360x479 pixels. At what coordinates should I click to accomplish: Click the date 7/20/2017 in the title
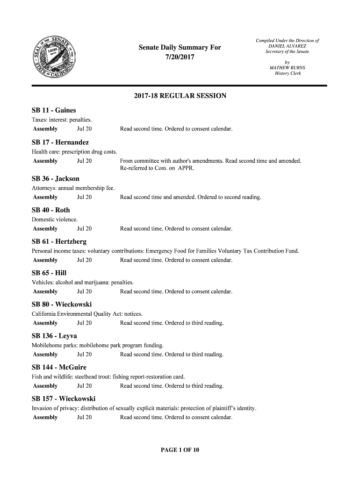tap(180, 58)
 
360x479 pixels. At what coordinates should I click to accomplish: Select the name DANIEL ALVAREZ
tap(287, 46)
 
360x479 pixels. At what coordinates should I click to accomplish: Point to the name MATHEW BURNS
tap(287, 68)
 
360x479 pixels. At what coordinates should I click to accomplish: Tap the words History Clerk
tap(287, 73)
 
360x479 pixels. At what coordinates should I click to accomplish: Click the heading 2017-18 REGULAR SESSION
tap(180, 96)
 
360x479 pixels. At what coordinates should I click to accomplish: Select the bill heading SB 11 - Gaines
tap(54, 110)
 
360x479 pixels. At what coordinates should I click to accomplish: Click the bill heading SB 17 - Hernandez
tap(60, 142)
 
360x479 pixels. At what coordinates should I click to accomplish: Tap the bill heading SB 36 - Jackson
tap(55, 179)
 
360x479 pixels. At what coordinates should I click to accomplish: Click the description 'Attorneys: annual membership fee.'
tap(73, 188)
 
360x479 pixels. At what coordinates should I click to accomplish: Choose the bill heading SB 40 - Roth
tap(50, 210)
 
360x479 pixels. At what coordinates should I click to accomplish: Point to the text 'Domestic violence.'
tap(55, 219)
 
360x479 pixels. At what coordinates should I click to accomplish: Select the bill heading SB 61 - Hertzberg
tap(59, 242)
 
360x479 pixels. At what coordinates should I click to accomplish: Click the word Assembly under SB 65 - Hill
tap(45, 291)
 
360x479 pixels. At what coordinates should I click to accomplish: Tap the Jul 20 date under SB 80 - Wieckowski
tap(84, 323)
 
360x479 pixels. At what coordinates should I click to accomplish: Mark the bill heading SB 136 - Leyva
tap(54, 336)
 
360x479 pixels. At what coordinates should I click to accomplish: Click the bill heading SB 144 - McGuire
tap(59, 367)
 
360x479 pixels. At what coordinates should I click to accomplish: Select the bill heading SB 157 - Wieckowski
tap(64, 399)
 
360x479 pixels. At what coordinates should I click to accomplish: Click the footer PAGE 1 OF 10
tap(180, 450)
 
